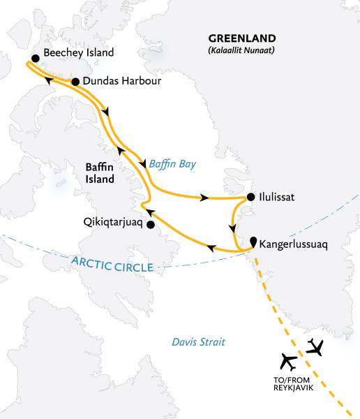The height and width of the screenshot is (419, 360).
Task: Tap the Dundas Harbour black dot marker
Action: pyautogui.click(x=75, y=82)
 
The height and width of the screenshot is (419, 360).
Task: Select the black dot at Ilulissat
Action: pyautogui.click(x=250, y=198)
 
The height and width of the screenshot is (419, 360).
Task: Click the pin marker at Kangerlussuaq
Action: pyautogui.click(x=253, y=240)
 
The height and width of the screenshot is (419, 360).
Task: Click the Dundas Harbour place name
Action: pyautogui.click(x=121, y=82)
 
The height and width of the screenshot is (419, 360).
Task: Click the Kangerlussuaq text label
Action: pyautogui.click(x=293, y=245)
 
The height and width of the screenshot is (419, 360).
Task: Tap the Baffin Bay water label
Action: pyautogui.click(x=172, y=165)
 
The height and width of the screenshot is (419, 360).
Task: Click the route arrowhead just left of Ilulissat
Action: pyautogui.click(x=204, y=198)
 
